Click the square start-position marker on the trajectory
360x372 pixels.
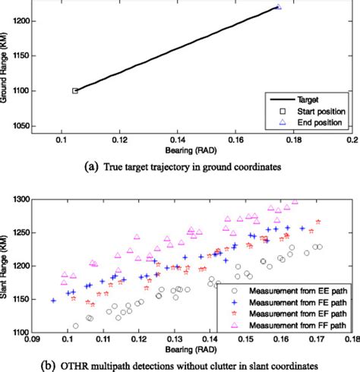[x=75, y=90]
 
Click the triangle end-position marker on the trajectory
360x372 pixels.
[x=279, y=7]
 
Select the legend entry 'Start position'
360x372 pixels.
[x=313, y=111]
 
